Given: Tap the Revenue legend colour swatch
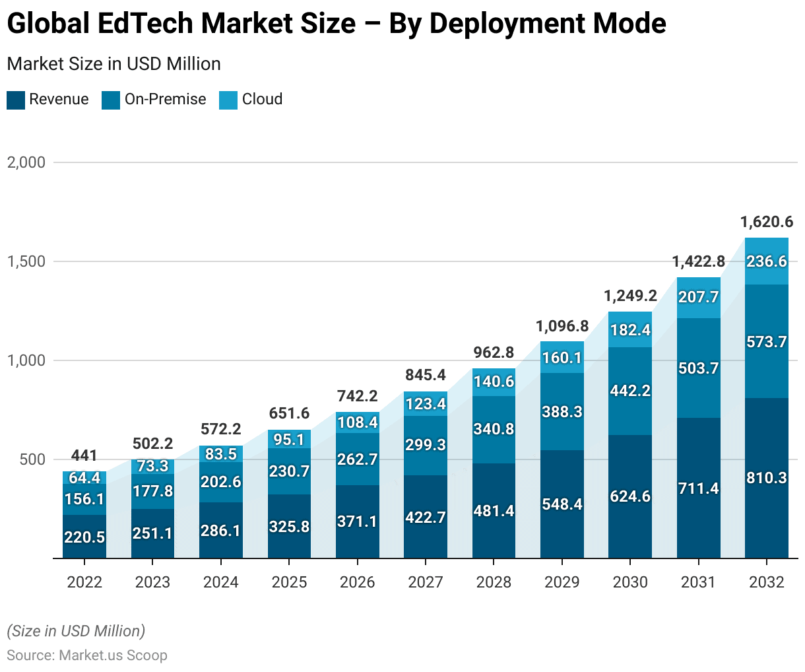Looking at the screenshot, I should [x=16, y=100].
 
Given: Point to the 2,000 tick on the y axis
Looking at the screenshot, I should [x=26, y=162].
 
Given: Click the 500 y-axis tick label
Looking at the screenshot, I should [x=32, y=459].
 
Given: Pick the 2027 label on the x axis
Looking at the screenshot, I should [x=426, y=582].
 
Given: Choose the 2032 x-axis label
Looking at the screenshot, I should [x=766, y=582].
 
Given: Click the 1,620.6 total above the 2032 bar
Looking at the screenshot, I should [x=766, y=222].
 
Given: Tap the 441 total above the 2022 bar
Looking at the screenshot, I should [x=84, y=455].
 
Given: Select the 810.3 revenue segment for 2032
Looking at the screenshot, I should [x=766, y=478].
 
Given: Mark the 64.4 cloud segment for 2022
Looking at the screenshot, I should [x=84, y=477].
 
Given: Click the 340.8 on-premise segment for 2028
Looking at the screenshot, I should [x=494, y=429].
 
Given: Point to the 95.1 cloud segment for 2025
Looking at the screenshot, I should [x=289, y=440].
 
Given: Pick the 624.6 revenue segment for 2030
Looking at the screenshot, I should [x=630, y=496].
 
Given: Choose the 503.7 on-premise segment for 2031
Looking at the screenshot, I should [x=698, y=368].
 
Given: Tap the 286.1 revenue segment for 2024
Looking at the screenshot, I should [x=221, y=531].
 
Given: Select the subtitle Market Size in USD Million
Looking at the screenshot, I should [x=113, y=64].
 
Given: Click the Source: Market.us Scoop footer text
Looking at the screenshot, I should [x=87, y=655].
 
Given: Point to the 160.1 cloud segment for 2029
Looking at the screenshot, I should [x=562, y=358].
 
